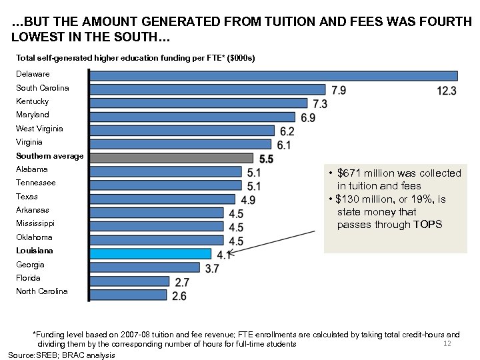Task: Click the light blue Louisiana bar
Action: (x=151, y=253)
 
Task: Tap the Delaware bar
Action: (x=273, y=76)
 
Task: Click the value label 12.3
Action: (x=447, y=90)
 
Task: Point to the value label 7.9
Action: (x=339, y=90)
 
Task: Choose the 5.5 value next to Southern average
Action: (x=266, y=159)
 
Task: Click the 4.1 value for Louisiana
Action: (x=224, y=254)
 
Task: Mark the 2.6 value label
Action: (x=179, y=296)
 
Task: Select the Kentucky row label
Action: (x=33, y=101)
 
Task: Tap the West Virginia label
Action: (x=39, y=129)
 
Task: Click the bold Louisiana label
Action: (x=35, y=251)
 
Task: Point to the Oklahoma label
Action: (x=34, y=237)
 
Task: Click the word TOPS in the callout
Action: (x=427, y=225)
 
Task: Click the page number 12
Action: (x=447, y=343)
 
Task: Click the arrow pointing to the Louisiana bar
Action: (x=273, y=242)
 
